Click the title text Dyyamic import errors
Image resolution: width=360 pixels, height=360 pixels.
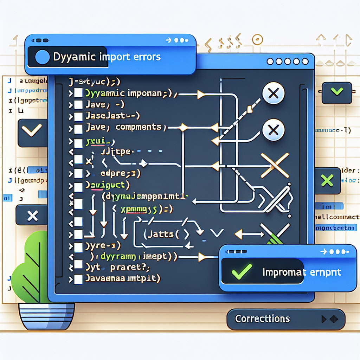[107, 57]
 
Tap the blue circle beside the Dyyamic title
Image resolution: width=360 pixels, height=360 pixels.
[43, 57]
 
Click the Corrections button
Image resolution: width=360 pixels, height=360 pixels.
[262, 319]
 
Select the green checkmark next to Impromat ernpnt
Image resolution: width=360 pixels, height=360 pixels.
[242, 270]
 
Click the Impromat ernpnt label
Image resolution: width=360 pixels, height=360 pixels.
[302, 272]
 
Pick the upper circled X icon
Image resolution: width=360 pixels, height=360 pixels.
[274, 94]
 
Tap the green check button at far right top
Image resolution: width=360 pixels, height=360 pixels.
[337, 92]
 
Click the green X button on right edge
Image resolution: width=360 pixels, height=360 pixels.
[327, 181]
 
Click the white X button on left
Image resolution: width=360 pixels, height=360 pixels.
[32, 216]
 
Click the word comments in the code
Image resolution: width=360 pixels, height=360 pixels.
[139, 127]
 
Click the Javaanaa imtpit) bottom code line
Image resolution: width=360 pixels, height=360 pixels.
[123, 279]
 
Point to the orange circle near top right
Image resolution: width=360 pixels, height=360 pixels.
[258, 39]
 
